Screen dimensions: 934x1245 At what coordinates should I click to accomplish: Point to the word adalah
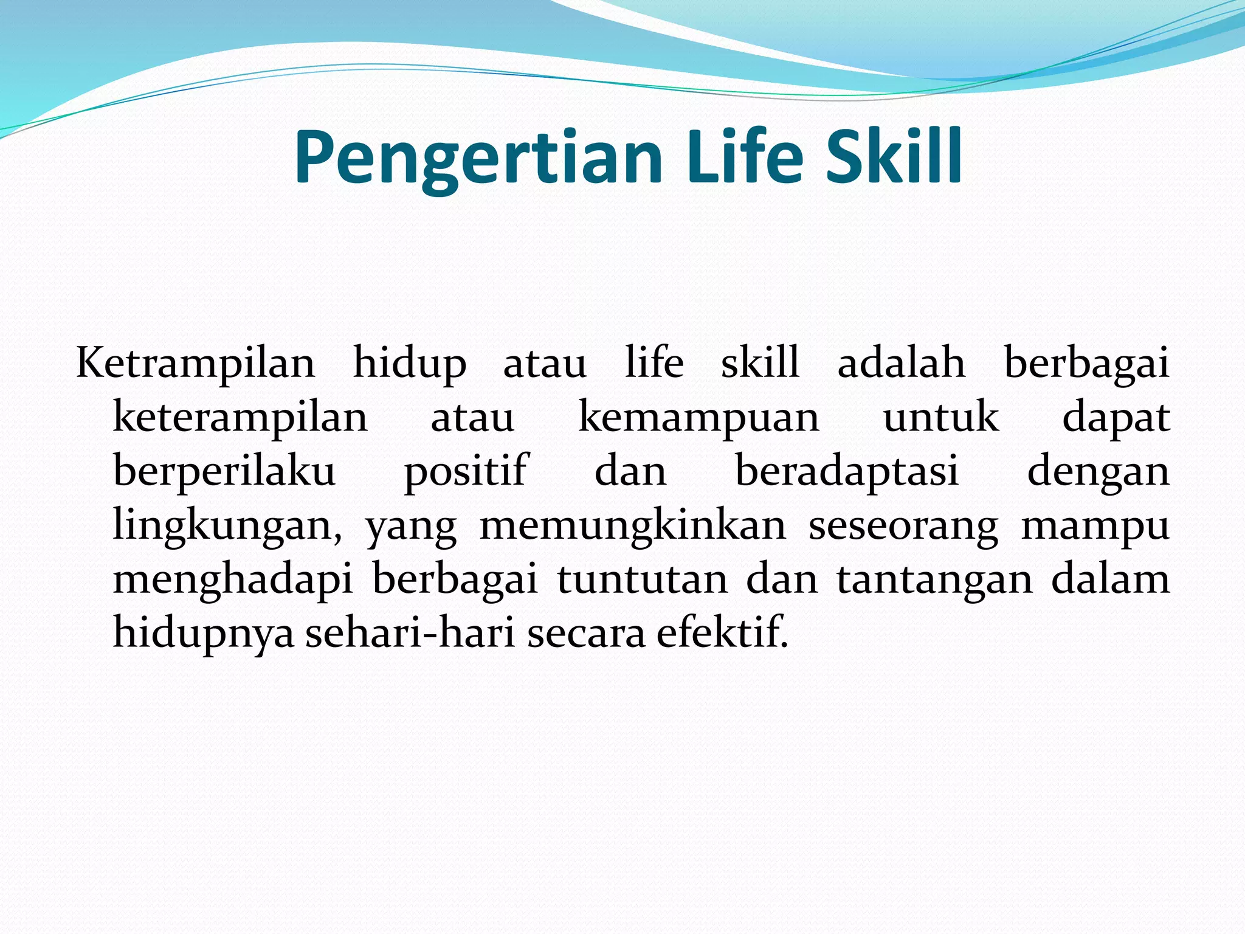click(902, 364)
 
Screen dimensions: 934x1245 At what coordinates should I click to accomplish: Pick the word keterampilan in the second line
click(241, 419)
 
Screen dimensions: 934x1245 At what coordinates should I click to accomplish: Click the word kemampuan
click(699, 419)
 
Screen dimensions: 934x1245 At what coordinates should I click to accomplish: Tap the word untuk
click(941, 418)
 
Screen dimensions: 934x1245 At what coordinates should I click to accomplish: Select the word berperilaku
click(225, 472)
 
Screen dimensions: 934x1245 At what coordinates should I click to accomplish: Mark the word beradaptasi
click(847, 472)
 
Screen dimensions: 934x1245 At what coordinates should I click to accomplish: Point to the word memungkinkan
click(633, 526)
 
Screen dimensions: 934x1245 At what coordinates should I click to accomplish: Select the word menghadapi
click(233, 581)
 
